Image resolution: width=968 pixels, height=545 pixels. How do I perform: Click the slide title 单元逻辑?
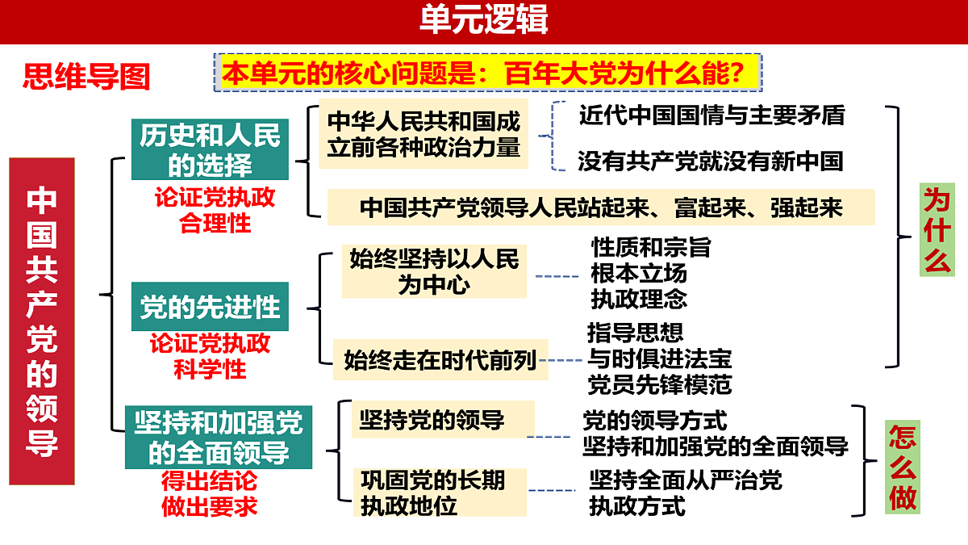pyautogui.click(x=483, y=19)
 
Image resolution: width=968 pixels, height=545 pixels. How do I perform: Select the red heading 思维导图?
pyautogui.click(x=86, y=77)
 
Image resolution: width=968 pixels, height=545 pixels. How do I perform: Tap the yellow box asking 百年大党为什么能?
pyautogui.click(x=488, y=73)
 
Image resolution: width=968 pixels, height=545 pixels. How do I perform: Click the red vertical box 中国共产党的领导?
pyautogui.click(x=42, y=321)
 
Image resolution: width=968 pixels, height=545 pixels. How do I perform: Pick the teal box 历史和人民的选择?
pyautogui.click(x=210, y=149)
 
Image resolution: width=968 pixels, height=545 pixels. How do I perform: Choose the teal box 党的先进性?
pyautogui.click(x=210, y=307)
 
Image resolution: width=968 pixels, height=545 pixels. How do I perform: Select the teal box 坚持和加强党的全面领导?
pyautogui.click(x=219, y=438)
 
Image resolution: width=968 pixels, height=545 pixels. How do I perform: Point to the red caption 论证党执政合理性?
pyautogui.click(x=215, y=210)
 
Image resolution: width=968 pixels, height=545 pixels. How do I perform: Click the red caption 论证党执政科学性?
pyautogui.click(x=210, y=356)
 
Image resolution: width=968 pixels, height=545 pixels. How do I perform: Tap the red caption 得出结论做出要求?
pyautogui.click(x=210, y=493)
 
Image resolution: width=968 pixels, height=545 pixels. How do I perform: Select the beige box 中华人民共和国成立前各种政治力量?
pyautogui.click(x=423, y=134)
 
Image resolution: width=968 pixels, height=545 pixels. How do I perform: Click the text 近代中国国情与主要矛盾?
pyautogui.click(x=711, y=115)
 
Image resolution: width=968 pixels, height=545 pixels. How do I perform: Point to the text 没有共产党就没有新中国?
pyautogui.click(x=711, y=161)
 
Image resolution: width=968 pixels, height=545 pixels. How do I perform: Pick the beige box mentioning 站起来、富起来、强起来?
pyautogui.click(x=601, y=208)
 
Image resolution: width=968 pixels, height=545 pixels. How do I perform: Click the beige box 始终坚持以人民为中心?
pyautogui.click(x=434, y=271)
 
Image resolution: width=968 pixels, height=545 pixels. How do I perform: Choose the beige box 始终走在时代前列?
pyautogui.click(x=440, y=360)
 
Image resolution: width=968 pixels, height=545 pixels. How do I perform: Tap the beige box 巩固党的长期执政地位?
pyautogui.click(x=440, y=493)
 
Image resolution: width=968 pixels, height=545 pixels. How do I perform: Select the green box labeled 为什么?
pyautogui.click(x=937, y=229)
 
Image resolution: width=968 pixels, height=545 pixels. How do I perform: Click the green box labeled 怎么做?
pyautogui.click(x=903, y=467)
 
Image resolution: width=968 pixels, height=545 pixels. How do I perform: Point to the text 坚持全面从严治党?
pyautogui.click(x=686, y=480)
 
